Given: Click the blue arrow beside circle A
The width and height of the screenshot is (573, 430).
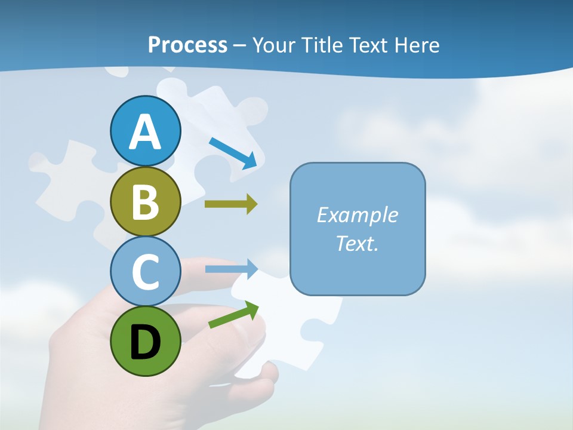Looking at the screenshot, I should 233,152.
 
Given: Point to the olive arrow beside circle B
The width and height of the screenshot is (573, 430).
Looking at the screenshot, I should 230,204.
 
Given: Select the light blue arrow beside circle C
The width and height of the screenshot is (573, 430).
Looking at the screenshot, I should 231,269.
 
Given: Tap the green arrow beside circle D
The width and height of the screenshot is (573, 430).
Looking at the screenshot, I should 233,315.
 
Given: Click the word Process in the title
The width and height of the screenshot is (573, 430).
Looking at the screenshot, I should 187,45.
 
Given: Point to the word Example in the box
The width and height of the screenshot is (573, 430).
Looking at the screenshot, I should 357,215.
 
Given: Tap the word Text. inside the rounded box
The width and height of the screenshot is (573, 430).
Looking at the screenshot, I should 357,243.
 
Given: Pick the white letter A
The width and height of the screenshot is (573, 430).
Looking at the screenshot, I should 145,132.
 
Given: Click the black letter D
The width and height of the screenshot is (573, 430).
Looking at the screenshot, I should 145,342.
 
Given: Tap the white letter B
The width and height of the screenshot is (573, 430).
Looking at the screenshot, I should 145,202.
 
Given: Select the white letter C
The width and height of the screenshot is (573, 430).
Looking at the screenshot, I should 145,272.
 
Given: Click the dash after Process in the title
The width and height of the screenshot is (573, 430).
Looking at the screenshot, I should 239,45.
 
